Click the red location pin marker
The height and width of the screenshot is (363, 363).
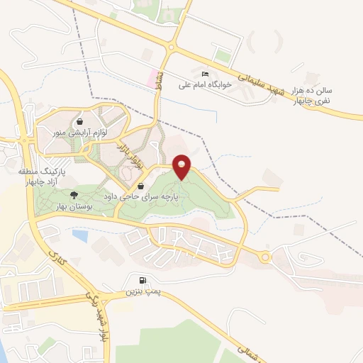[x=181, y=165]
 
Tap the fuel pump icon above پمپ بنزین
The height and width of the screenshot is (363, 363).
[x=144, y=280]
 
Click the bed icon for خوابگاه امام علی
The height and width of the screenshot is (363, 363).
[x=206, y=74]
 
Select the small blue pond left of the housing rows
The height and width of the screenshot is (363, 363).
[x=79, y=235]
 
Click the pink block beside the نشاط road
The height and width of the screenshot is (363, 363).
[x=150, y=78]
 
